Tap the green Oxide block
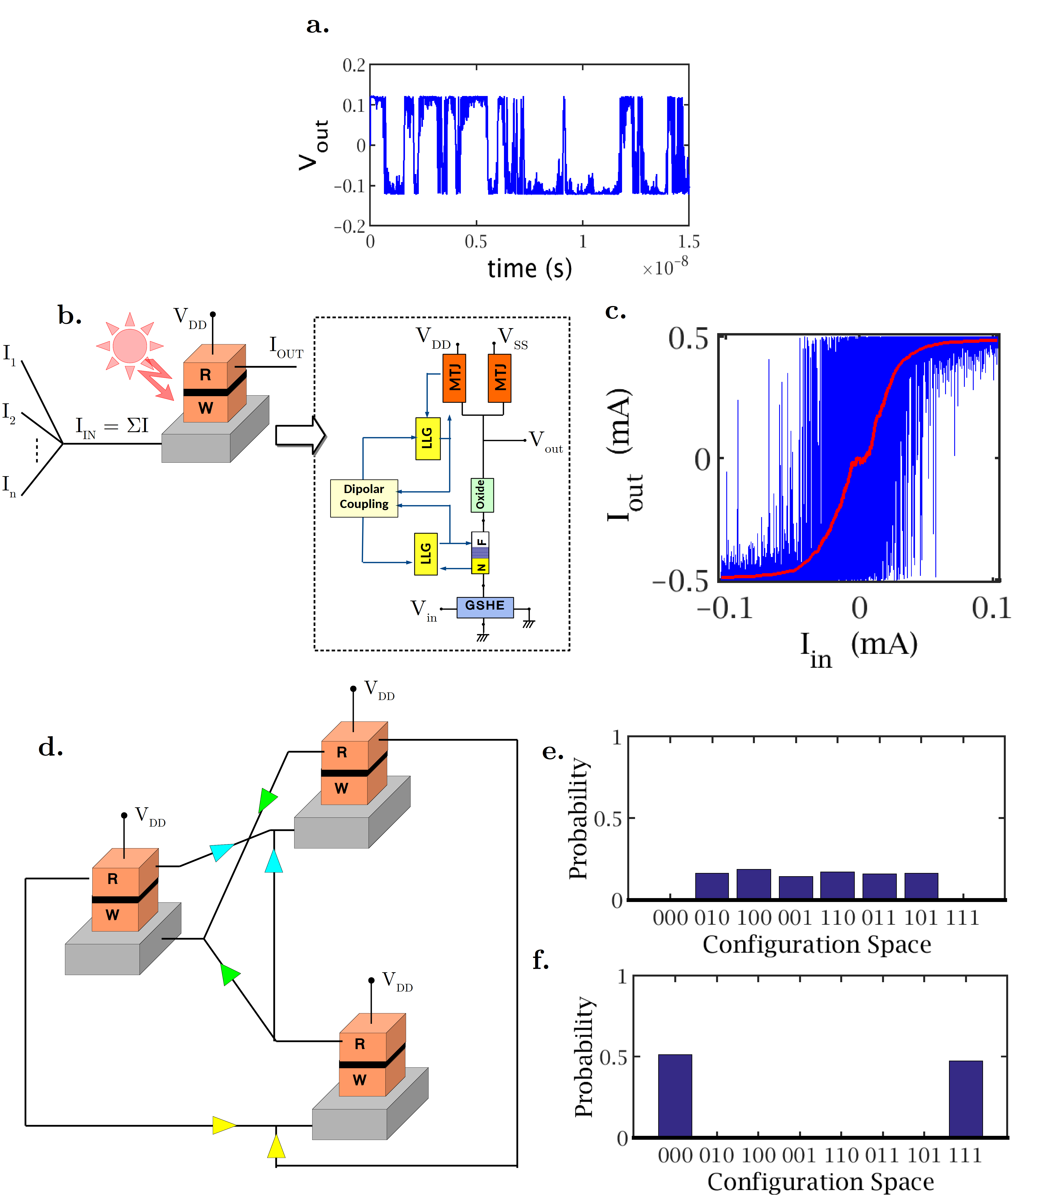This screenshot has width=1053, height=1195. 481,495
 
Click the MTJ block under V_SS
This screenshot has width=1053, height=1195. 500,378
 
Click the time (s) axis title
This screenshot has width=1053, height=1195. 529,268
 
